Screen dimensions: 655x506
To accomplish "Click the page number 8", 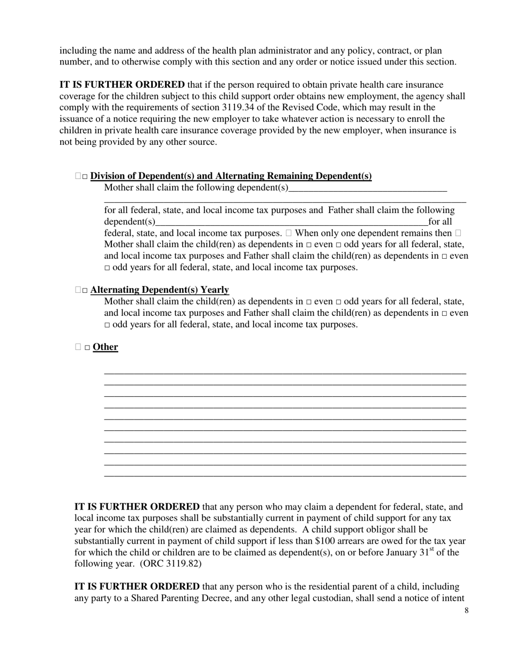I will click(x=467, y=610).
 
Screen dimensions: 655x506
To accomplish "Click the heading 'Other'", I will click(x=105, y=347).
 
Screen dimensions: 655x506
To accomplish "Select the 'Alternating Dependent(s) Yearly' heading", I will click(x=159, y=290).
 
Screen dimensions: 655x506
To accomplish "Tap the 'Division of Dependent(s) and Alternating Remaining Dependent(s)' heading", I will click(x=231, y=176).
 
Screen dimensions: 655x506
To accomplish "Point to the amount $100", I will click(x=325, y=541).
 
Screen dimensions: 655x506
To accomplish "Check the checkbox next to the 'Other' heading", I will click(x=87, y=348).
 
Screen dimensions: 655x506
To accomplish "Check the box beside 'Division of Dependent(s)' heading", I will click(x=85, y=177).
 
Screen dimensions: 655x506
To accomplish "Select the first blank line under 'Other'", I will click(x=285, y=373).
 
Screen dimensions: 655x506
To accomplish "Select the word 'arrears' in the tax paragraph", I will click(x=361, y=541).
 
